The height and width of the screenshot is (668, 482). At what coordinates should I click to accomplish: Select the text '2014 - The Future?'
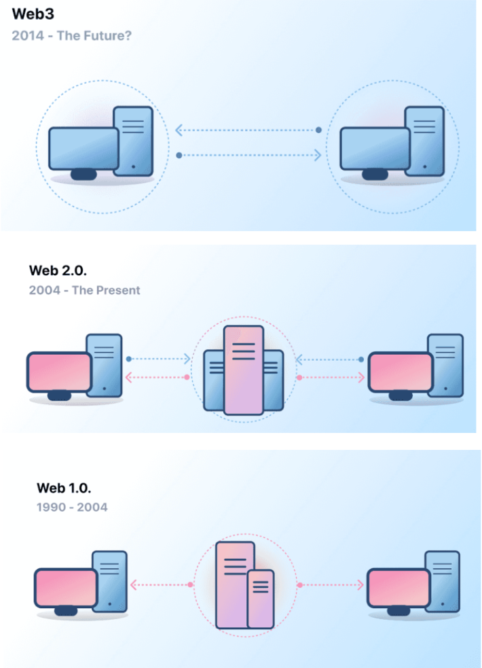coord(71,35)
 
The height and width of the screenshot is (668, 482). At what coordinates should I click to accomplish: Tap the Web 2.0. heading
coord(58,270)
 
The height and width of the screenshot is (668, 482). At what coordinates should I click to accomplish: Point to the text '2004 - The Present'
coord(84,290)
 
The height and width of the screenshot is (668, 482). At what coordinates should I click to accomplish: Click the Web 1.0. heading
coord(63,488)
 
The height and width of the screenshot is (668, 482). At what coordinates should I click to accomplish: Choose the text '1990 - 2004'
coord(71,507)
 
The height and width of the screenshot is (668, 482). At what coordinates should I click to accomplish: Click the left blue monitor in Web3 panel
coord(83,149)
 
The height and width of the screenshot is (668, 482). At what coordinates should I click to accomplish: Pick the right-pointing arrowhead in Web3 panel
coord(317,156)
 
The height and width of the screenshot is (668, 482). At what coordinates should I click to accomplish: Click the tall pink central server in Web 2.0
coord(243,370)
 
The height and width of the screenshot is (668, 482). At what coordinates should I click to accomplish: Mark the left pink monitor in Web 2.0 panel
coord(59,372)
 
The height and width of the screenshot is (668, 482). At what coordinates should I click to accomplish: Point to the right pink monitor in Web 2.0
coord(401,372)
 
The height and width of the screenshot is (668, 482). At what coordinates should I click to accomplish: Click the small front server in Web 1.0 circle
coord(260,599)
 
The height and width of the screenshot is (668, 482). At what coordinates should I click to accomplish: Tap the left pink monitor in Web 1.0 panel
coord(66,588)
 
